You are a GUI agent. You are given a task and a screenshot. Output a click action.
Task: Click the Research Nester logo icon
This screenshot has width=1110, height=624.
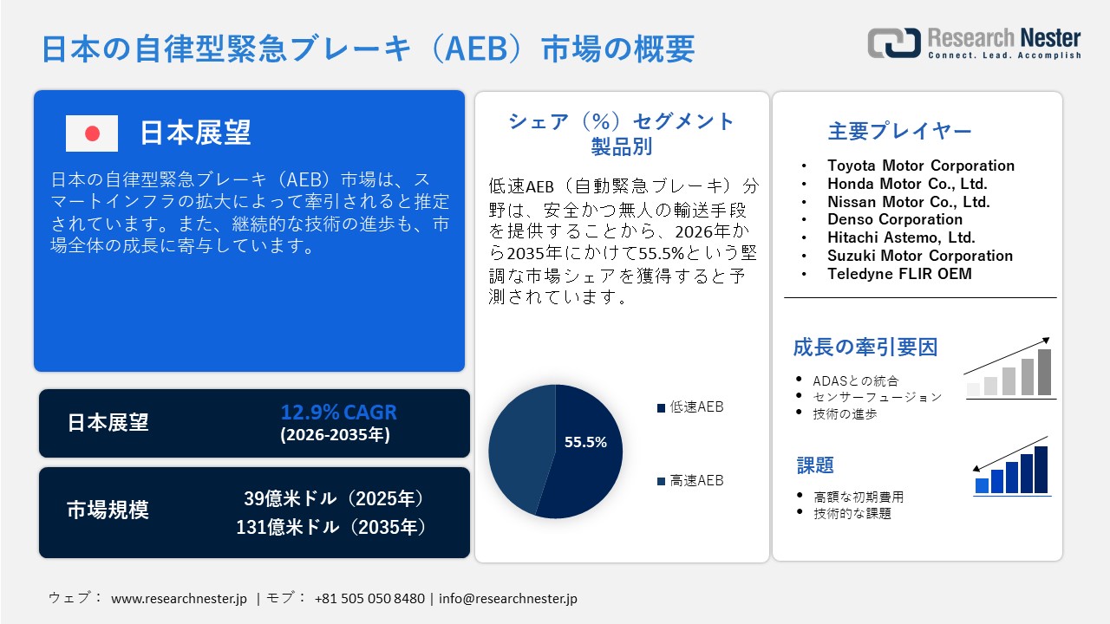click(x=894, y=42)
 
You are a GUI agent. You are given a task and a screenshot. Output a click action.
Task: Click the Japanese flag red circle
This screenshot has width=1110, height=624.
click(x=92, y=133)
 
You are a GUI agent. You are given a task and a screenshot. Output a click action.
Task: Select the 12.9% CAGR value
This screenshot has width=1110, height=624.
click(x=338, y=412)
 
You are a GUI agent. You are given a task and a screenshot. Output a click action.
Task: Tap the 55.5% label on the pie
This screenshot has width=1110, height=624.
click(x=585, y=442)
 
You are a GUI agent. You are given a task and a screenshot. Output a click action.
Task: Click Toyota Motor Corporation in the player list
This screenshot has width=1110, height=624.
click(x=920, y=166)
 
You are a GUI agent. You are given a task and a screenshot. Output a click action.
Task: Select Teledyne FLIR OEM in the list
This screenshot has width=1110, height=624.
click(x=899, y=274)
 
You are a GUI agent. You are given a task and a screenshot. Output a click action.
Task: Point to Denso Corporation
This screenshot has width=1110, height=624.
click(x=894, y=219)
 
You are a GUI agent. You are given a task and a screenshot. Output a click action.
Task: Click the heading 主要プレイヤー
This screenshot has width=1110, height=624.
click(x=899, y=132)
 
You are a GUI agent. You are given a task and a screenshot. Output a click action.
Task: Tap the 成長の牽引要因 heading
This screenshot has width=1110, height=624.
click(x=865, y=348)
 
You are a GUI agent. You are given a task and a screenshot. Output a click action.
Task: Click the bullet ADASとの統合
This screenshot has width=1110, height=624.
click(x=855, y=380)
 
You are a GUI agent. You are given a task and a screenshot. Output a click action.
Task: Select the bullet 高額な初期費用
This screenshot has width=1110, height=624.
click(x=858, y=497)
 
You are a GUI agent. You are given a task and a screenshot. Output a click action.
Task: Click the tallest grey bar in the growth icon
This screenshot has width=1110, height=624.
click(x=1044, y=373)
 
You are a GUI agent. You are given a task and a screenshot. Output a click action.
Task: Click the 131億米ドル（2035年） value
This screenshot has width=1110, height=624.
click(x=332, y=527)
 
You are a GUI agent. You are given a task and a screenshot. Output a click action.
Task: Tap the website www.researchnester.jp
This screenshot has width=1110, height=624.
click(x=180, y=598)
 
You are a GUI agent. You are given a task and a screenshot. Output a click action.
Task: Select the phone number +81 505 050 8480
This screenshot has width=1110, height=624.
click(x=369, y=598)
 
